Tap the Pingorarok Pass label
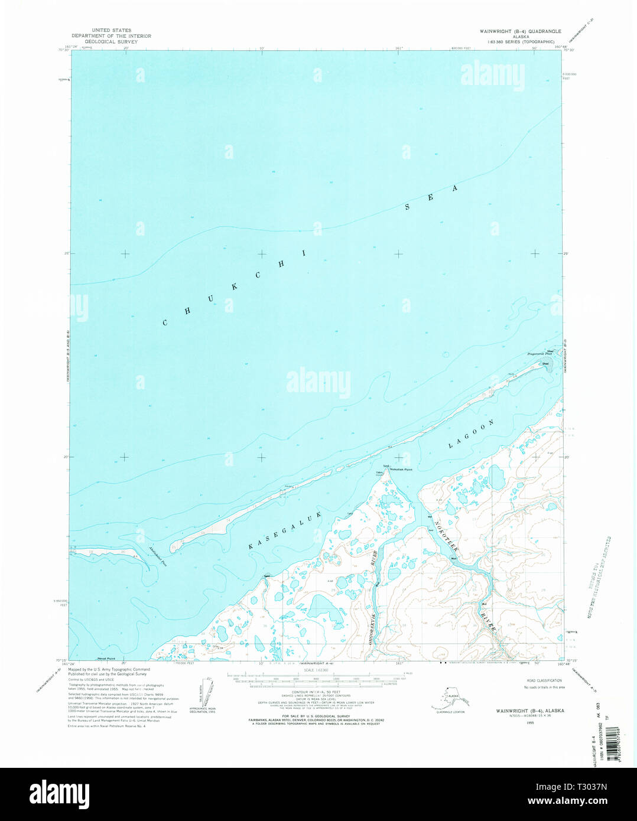pos(539,354)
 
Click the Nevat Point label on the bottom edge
pos(106,659)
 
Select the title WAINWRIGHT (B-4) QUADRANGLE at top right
pos(521,31)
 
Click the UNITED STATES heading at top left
pos(111,30)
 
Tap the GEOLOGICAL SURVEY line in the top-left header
pos(111,42)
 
